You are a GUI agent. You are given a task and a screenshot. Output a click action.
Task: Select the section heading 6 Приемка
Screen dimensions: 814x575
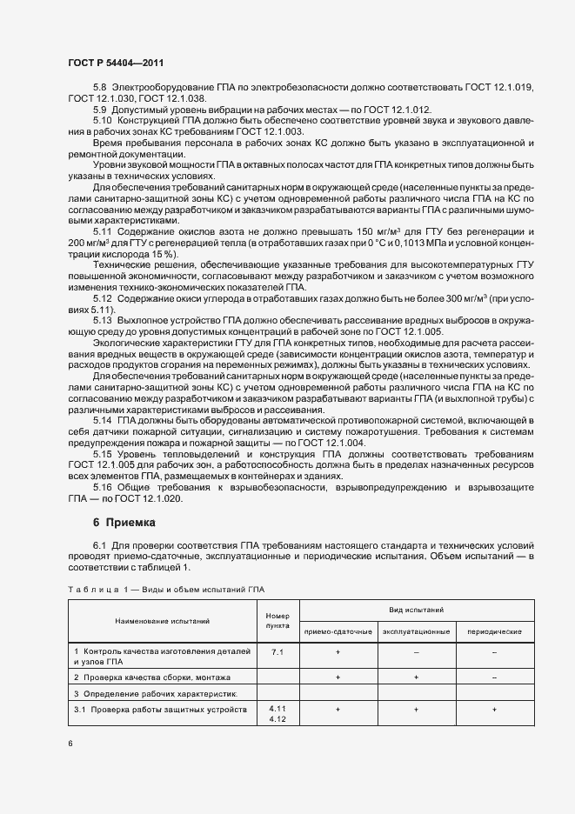124,523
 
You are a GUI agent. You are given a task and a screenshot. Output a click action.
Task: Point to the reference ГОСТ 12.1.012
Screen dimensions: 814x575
398,110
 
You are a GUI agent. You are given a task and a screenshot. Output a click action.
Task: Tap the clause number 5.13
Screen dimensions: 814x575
104,321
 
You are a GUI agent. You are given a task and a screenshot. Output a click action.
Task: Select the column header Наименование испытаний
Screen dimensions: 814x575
163,621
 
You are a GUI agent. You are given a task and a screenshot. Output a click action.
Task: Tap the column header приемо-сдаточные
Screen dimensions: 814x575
338,631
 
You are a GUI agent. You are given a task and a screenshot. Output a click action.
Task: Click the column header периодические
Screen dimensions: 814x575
494,631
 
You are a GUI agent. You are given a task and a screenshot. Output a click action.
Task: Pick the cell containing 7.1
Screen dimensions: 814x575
277,651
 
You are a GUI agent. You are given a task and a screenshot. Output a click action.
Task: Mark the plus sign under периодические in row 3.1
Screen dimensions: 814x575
494,710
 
